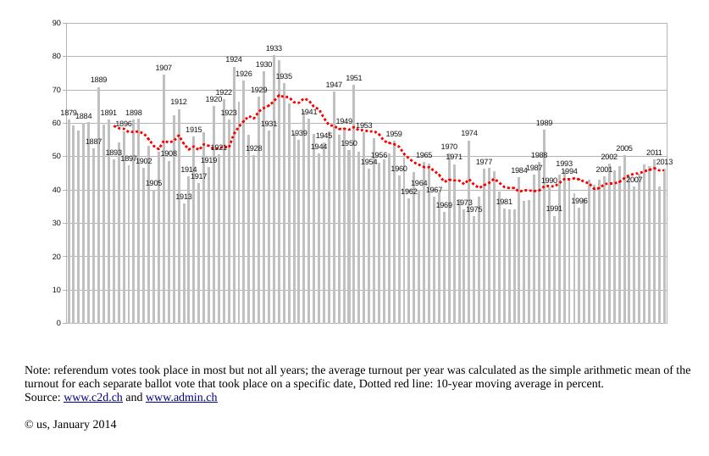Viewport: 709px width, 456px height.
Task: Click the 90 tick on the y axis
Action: pyautogui.click(x=55, y=23)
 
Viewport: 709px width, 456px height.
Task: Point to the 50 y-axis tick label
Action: pyautogui.click(x=55, y=157)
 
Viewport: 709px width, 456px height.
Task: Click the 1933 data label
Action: pyautogui.click(x=274, y=49)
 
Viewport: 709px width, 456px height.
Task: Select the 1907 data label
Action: pyautogui.click(x=163, y=68)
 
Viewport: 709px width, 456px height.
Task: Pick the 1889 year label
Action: pyautogui.click(x=99, y=81)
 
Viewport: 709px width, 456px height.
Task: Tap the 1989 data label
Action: pyautogui.click(x=544, y=124)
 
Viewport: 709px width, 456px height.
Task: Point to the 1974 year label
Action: pyautogui.click(x=469, y=134)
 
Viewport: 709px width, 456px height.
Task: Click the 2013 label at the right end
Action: pyautogui.click(x=664, y=163)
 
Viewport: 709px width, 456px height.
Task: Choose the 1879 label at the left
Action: pyautogui.click(x=69, y=113)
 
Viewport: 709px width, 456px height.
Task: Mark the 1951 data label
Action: pyautogui.click(x=354, y=79)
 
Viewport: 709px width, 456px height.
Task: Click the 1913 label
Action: pyautogui.click(x=184, y=197)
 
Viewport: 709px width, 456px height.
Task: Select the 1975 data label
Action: pyautogui.click(x=474, y=209)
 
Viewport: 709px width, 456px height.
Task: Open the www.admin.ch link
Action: pyautogui.click(x=181, y=397)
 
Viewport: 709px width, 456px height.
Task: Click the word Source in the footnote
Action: pyautogui.click(x=42, y=397)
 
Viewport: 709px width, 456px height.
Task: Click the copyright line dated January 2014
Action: pyautogui.click(x=70, y=424)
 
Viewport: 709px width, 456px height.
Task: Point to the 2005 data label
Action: pyautogui.click(x=624, y=149)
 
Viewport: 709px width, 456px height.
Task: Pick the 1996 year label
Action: pyautogui.click(x=579, y=202)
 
